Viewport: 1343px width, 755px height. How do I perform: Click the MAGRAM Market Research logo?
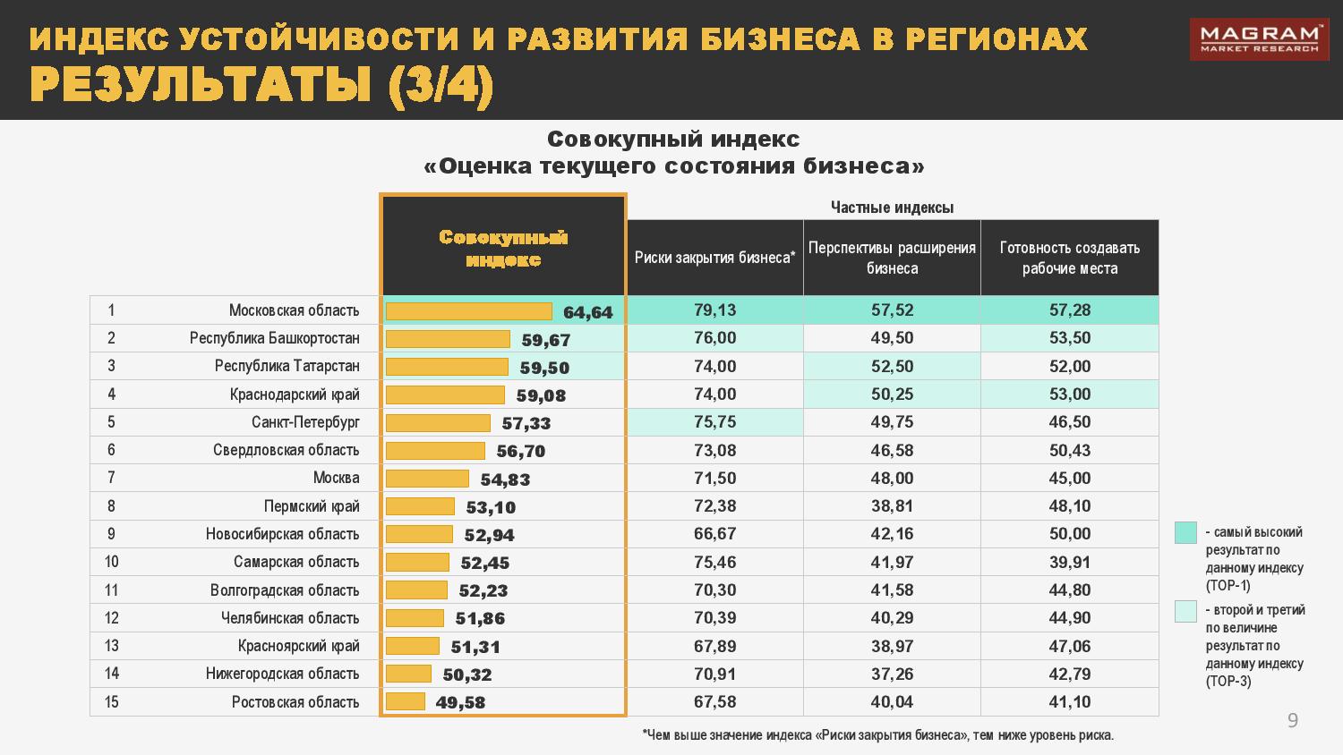coord(1259,39)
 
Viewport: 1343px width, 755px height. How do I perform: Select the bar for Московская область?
coord(468,311)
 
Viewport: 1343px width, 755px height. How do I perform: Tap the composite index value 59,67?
coord(545,340)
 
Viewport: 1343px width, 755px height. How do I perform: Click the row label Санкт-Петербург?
coord(305,422)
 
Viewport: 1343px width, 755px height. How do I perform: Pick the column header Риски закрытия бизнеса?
coord(714,258)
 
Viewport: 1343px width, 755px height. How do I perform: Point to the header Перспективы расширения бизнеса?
coord(892,258)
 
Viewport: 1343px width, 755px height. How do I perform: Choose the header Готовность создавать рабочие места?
coord(1070,258)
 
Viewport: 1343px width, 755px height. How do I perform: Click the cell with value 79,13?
coord(714,310)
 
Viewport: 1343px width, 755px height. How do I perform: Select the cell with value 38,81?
coord(892,506)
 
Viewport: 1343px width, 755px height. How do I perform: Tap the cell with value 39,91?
coord(1070,562)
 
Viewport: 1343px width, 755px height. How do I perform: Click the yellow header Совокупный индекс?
coord(503,248)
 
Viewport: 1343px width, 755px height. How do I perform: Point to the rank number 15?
coord(111,702)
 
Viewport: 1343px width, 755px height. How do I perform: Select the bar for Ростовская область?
coord(406,702)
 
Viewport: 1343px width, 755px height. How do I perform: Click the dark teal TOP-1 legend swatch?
coord(1185,532)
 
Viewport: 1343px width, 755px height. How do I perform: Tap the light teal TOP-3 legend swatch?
coord(1185,611)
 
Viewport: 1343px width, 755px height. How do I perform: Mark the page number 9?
coord(1292,721)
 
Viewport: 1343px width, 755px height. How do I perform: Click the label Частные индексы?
coord(892,208)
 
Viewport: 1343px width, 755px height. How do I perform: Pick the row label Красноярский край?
coord(298,646)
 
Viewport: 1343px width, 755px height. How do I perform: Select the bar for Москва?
coord(427,479)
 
